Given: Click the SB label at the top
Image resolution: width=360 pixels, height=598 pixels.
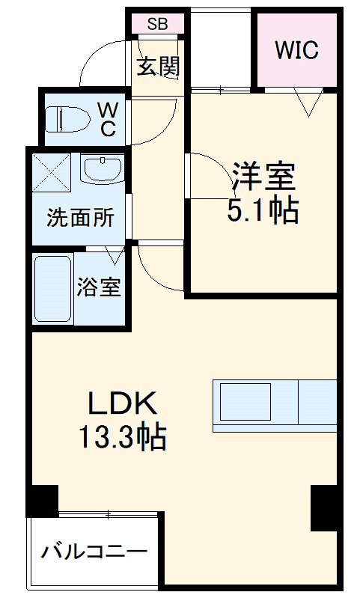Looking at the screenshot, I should [157, 23].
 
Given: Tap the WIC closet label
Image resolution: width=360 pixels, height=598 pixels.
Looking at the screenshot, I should [296, 50].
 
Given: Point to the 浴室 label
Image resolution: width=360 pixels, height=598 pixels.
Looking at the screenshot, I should [99, 287].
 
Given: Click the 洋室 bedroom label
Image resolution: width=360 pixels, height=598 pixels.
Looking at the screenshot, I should [263, 177].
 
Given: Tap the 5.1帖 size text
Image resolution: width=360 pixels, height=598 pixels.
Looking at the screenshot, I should [263, 212].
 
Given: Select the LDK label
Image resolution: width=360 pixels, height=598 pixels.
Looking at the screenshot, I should [123, 404].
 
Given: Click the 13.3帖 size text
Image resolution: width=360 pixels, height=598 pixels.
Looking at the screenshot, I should [123, 437].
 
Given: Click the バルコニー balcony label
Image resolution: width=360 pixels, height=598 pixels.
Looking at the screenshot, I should [93, 555].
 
